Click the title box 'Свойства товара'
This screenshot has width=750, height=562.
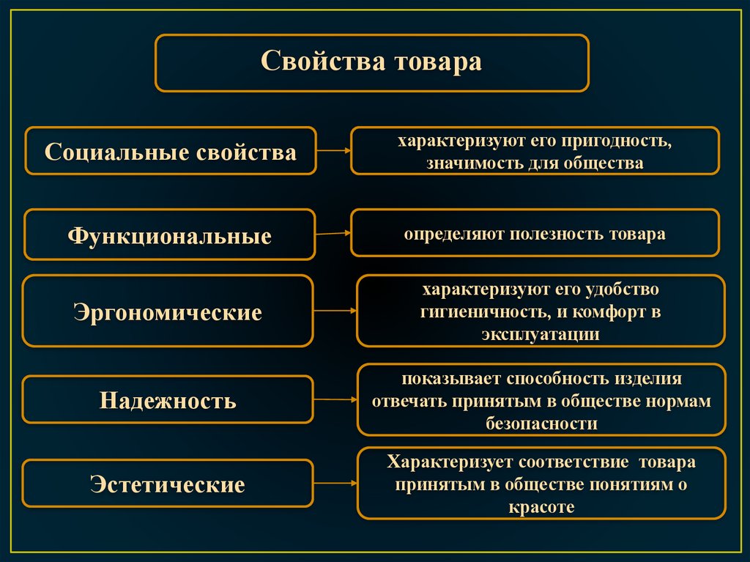371,63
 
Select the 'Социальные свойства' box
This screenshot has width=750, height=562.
171,151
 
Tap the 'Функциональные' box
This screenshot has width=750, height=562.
170,235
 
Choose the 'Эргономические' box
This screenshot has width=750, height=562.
168,311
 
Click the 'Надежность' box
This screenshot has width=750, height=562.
168,400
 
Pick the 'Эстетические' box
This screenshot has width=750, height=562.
168,484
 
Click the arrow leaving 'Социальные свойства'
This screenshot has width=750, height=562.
333,151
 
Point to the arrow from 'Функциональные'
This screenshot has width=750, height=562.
333,234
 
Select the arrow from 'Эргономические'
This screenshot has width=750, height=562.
335,311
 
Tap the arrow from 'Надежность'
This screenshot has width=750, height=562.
335,399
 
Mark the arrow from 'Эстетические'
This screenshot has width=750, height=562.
335,483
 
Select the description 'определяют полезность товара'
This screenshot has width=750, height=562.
535,234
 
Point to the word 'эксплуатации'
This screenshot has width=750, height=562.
541,334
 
